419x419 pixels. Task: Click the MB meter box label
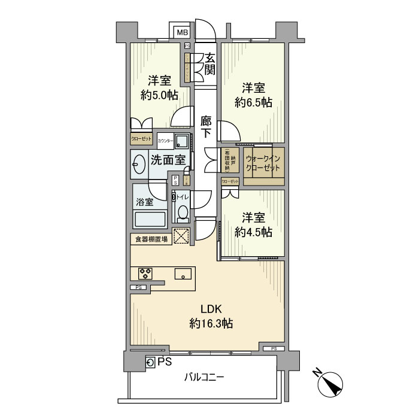click(x=181, y=32)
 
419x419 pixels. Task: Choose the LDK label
click(x=211, y=309)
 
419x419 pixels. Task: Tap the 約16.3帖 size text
click(x=211, y=324)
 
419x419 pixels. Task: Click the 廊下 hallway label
click(x=207, y=127)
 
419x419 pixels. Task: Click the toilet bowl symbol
click(x=183, y=212)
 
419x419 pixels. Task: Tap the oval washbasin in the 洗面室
click(x=139, y=163)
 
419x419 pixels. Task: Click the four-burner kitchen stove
click(x=145, y=274)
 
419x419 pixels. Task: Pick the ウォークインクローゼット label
click(x=263, y=163)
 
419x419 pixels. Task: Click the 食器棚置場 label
click(x=150, y=239)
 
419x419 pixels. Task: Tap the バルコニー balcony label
click(x=204, y=378)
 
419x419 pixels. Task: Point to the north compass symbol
click(x=331, y=383)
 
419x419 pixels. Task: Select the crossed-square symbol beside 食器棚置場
click(x=181, y=236)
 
